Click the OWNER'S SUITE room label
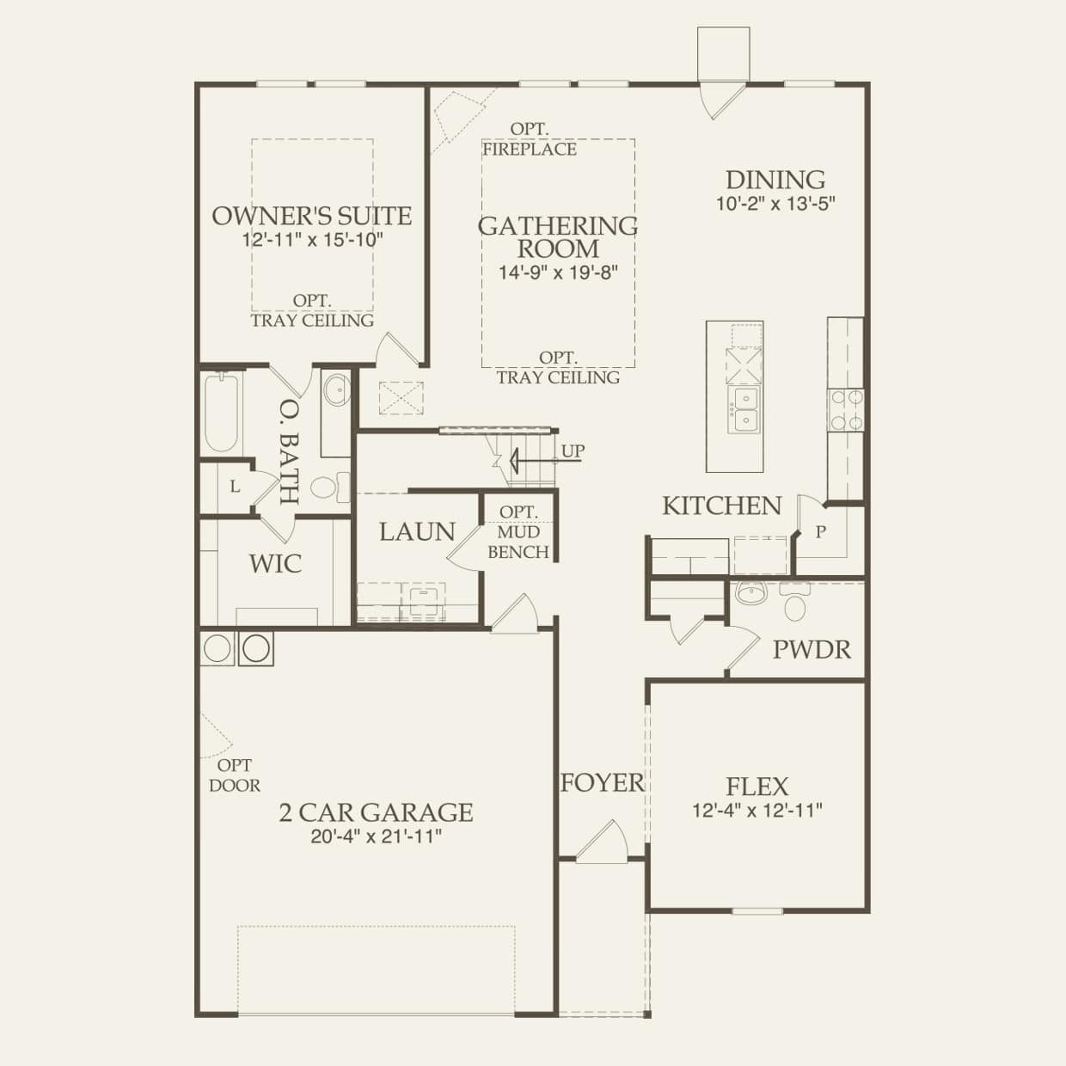311,215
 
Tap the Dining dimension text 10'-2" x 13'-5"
775,205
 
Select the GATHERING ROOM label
558,237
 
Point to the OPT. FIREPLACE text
530,139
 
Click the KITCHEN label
721,505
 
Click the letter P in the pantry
820,532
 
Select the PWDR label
812,649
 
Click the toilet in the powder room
794,604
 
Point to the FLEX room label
757,786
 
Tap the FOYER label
602,782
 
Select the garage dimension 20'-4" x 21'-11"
376,836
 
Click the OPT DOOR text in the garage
235,775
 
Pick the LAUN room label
417,531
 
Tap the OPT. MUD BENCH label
518,532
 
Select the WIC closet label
275,564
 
